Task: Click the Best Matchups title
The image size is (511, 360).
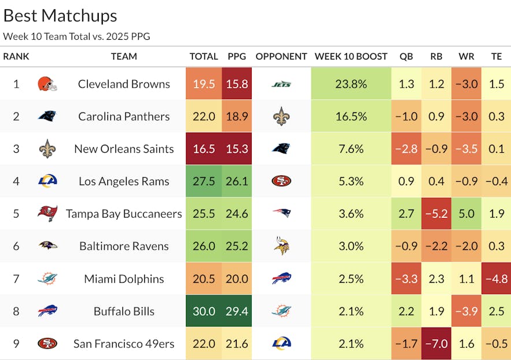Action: tap(60, 16)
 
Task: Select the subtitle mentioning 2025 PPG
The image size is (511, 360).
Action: tap(76, 36)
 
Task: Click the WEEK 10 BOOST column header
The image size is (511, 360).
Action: tap(351, 57)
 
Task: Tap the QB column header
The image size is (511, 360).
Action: tap(406, 57)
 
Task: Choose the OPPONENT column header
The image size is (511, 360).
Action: tap(281, 57)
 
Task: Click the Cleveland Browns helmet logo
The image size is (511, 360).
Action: tap(47, 84)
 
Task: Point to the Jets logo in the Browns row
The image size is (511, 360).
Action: tap(281, 84)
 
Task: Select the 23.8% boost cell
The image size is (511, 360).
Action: tap(351, 84)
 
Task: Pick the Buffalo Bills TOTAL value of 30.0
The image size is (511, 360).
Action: tap(204, 311)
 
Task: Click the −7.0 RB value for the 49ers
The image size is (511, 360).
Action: tap(437, 344)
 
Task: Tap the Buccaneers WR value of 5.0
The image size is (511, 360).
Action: tap(467, 213)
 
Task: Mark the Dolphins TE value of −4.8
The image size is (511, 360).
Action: tap(496, 279)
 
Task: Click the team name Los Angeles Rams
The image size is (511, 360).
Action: tap(124, 181)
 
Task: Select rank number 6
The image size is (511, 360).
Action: tap(16, 246)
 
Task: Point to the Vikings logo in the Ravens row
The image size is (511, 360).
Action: tap(281, 246)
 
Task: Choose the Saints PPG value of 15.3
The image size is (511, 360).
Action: tap(237, 149)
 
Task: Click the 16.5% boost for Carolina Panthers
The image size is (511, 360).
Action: tap(351, 116)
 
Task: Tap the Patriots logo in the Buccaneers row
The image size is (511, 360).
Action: tap(281, 213)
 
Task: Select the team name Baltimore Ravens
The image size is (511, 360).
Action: tap(124, 246)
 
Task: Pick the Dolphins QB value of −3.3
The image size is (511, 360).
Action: tap(406, 279)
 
